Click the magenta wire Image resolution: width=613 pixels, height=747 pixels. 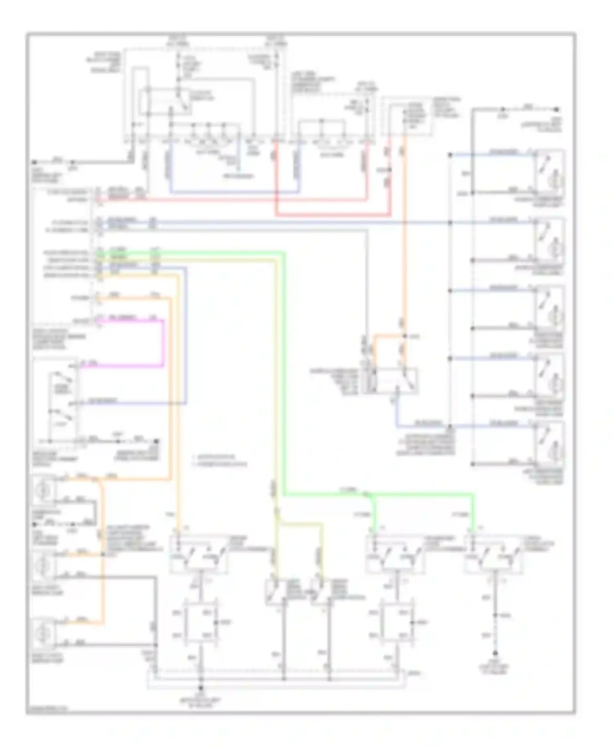click(163, 343)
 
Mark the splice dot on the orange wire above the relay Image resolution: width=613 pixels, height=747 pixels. click(405, 336)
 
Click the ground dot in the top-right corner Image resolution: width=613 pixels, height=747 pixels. click(556, 110)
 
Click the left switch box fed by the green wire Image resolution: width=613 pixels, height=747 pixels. click(394, 556)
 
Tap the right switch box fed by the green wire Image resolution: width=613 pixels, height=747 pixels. click(492, 556)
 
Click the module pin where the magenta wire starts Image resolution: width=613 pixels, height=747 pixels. click(98, 320)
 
